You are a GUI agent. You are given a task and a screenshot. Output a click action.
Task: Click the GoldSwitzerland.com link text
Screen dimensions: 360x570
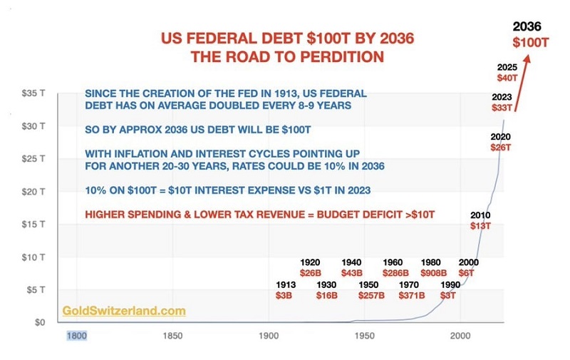tap(124, 311)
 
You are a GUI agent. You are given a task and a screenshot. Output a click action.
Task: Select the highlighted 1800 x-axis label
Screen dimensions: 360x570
tap(77, 336)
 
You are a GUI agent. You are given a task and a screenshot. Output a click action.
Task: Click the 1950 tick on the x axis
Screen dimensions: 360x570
tap(364, 336)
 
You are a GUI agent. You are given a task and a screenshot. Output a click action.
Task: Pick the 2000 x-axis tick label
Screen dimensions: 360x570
tap(460, 336)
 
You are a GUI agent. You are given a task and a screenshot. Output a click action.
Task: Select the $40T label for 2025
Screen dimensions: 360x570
tap(507, 77)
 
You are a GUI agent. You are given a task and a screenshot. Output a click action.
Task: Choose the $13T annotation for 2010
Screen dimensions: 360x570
tap(479, 226)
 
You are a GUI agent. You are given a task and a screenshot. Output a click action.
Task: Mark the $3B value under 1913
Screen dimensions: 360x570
tap(284, 295)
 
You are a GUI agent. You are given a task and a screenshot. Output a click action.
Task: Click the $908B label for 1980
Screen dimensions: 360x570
tap(434, 272)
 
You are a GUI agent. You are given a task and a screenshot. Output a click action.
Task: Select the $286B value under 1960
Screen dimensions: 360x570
tap(393, 272)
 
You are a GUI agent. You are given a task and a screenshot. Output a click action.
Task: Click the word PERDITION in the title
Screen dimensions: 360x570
tap(338, 56)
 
